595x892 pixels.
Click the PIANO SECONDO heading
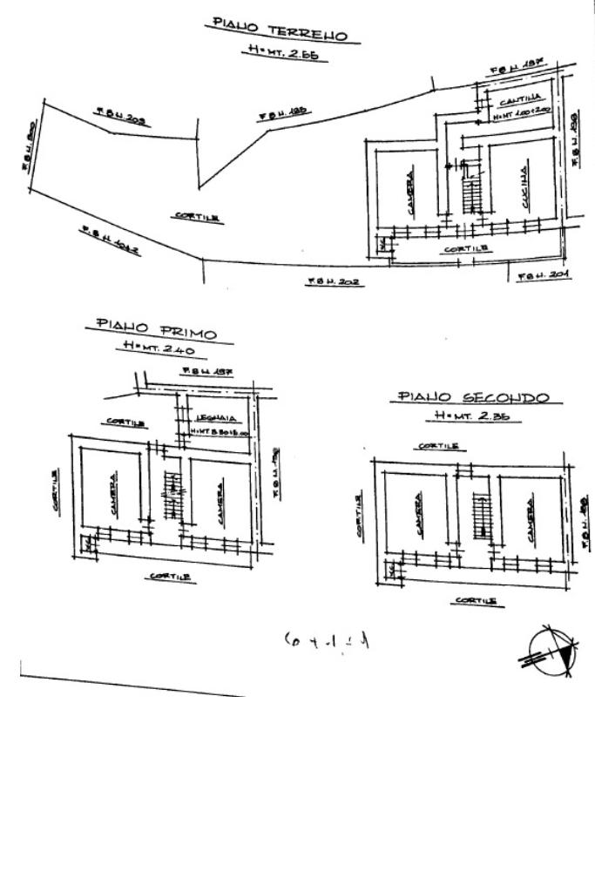tap(473, 397)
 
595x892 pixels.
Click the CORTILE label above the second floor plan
tap(438, 445)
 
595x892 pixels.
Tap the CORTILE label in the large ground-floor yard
tap(195, 218)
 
